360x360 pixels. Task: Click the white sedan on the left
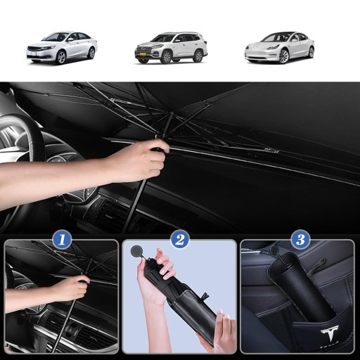pos(62,48)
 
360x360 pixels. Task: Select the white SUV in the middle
pos(171,48)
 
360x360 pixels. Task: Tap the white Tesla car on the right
pos(279,48)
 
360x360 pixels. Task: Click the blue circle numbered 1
pos(62,239)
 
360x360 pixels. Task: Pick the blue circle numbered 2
pos(180,239)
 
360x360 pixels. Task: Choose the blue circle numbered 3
pos(301,239)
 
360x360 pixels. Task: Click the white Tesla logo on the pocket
pos(330,333)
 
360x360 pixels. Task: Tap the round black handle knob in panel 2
pos(136,251)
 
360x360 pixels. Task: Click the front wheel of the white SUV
pos(167,57)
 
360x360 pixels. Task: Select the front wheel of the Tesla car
pos(283,56)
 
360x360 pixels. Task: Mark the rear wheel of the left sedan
pos(91,53)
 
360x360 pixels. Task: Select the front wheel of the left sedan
pos(61,58)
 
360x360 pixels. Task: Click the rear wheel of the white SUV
pos(198,56)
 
